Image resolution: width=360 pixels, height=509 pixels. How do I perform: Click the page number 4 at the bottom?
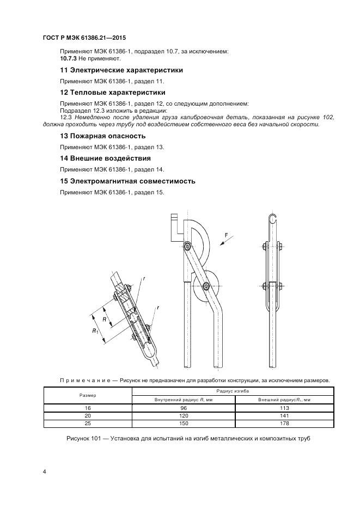44,471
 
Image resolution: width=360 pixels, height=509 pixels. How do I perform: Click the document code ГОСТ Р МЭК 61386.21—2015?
80,38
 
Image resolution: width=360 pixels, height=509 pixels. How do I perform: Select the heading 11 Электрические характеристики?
121,70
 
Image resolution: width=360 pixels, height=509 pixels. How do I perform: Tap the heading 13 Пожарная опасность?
102,136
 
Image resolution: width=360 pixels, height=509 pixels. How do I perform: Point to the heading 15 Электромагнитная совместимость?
135,181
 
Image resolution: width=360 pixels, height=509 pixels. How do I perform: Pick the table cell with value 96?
183,408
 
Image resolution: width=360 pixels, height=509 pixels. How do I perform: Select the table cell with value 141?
284,415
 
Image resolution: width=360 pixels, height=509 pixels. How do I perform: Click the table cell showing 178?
284,423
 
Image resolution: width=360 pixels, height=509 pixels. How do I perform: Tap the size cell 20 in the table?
88,415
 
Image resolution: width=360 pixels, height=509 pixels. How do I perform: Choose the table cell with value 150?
183,423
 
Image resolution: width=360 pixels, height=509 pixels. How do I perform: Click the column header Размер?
88,395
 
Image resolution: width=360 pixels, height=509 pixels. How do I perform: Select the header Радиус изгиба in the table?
233,391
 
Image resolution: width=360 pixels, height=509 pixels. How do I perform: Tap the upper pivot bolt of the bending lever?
187,247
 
